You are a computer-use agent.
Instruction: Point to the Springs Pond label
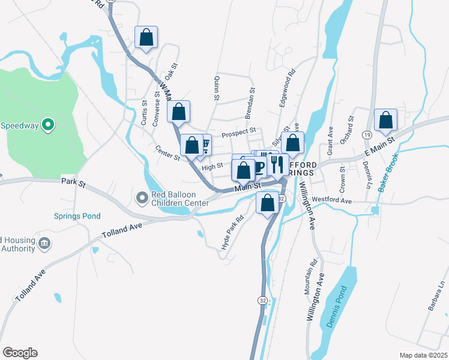pos(77,216)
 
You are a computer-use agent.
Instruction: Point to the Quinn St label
pos(215,88)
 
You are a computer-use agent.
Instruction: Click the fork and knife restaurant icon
pos(277,163)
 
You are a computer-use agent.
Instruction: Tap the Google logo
pos(20,353)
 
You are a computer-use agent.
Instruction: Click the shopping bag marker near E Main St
pos(385,121)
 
